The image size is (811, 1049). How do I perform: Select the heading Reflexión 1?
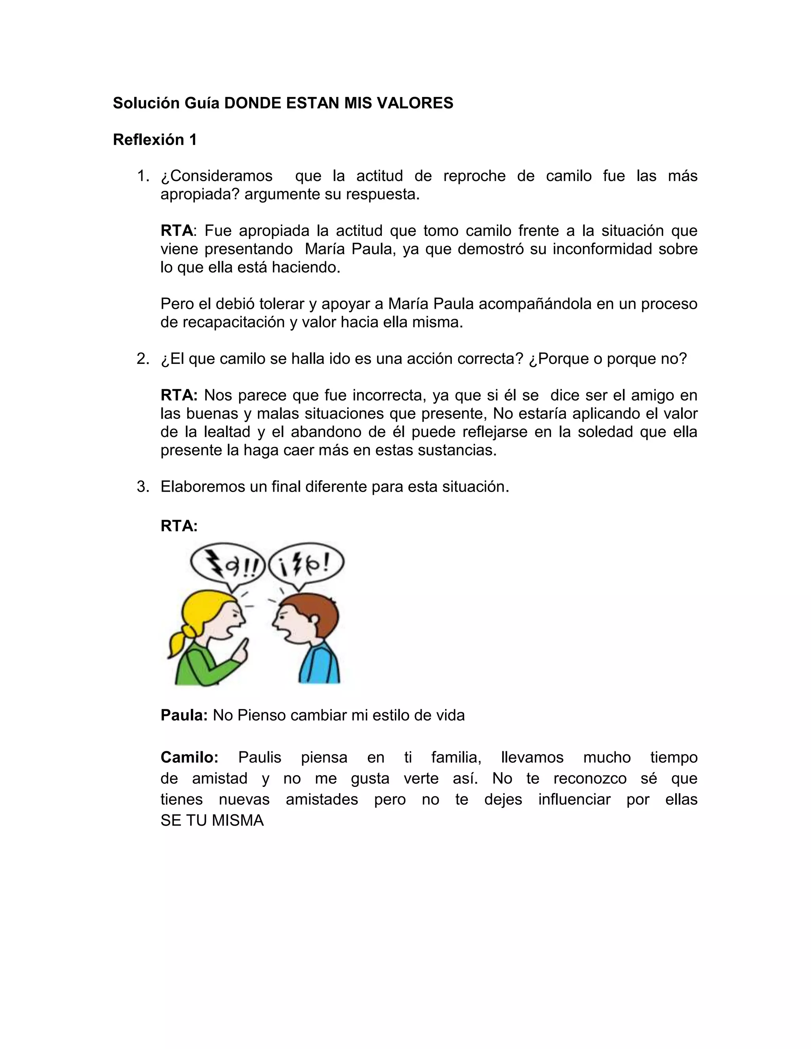[x=155, y=139]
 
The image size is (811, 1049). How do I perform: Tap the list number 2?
[x=142, y=358]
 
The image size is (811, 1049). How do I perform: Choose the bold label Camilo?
[x=189, y=757]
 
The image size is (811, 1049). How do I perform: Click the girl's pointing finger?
[x=244, y=646]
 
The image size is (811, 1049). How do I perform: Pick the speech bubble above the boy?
[x=307, y=565]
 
